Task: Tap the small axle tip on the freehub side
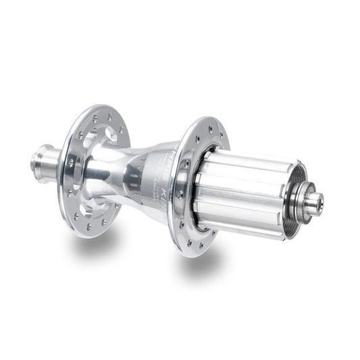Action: [x=315, y=201]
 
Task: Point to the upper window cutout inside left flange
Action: [x=101, y=132]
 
